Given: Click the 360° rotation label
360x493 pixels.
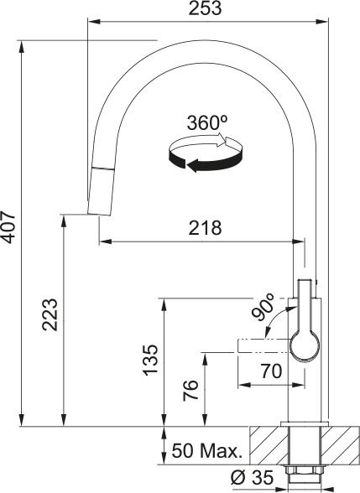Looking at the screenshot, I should point(207,122).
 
